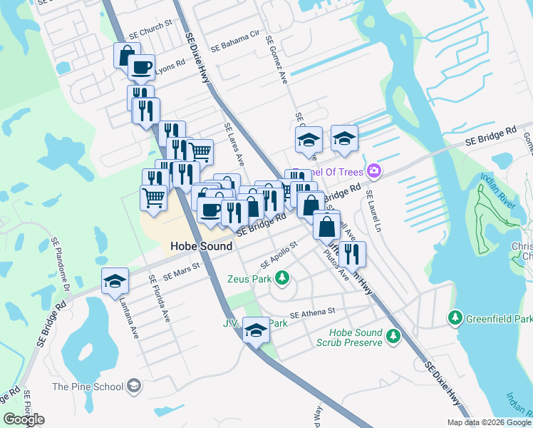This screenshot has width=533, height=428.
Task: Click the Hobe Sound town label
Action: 201,246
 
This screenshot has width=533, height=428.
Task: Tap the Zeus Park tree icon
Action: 283,277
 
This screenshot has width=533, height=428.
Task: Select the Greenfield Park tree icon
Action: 454,317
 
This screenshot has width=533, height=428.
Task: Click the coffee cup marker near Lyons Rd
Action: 140,68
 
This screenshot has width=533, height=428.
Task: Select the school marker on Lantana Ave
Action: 114,282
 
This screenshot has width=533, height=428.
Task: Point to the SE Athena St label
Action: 312,312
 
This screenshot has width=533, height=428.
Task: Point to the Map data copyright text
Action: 489,422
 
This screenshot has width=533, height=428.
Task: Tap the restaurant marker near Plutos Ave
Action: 352,255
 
